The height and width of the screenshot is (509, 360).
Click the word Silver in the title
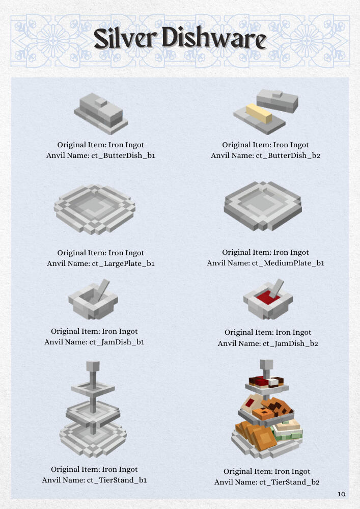tap(124, 39)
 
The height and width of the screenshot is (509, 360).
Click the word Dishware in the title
tap(214, 38)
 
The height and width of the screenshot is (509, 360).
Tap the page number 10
tap(342, 494)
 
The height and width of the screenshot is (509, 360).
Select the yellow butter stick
tap(259, 114)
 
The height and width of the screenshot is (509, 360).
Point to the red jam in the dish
tap(268, 298)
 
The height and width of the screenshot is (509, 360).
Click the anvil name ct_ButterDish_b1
tap(123, 155)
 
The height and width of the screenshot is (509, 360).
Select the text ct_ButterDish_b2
tap(288, 155)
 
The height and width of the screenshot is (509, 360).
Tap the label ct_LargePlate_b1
tap(123, 263)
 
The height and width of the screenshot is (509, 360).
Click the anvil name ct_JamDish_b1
tap(117, 342)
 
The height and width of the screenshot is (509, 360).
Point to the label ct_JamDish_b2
tap(290, 343)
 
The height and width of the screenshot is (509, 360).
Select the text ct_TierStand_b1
tap(117, 480)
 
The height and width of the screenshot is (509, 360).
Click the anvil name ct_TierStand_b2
tap(289, 482)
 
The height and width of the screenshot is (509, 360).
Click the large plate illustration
tap(94, 209)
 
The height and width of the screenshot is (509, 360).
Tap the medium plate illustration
tap(263, 206)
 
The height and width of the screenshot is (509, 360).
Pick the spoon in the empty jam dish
tap(101, 289)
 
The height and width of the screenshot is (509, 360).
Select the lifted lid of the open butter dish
tap(278, 101)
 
